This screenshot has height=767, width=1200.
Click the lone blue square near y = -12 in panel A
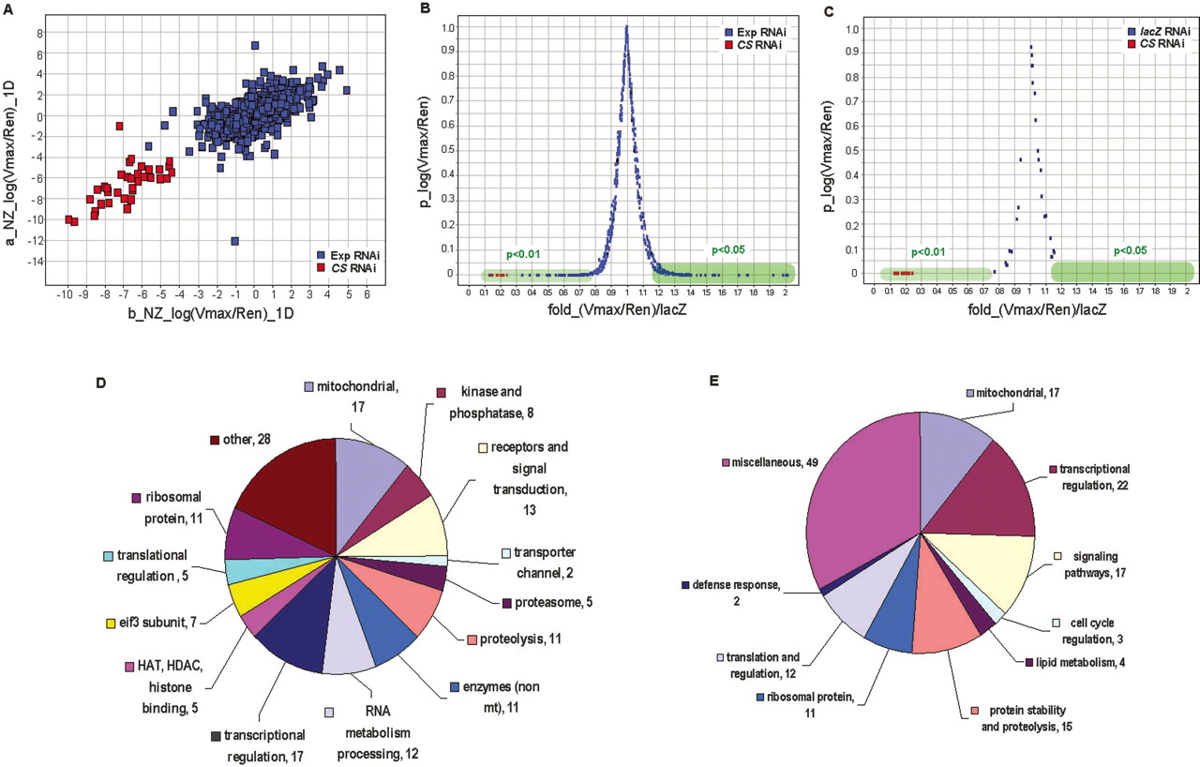[234, 241]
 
